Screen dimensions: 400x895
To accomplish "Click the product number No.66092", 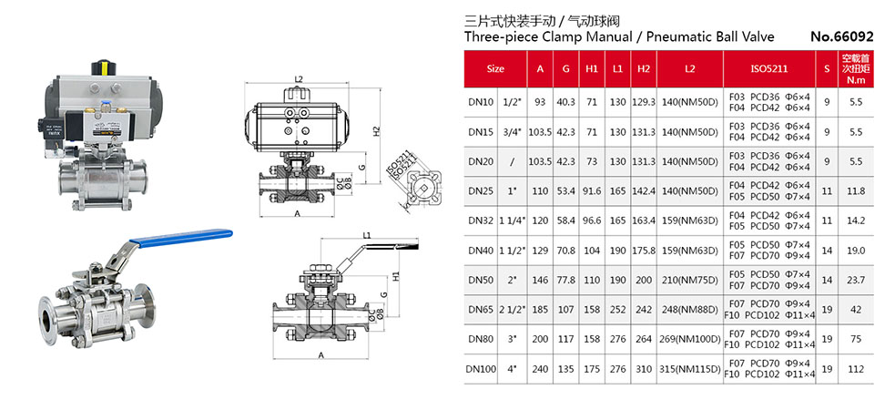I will pyautogui.click(x=842, y=37).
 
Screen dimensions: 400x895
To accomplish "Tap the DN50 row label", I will pyautogui.click(x=480, y=279).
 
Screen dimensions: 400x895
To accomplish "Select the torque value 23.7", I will pyautogui.click(x=855, y=279).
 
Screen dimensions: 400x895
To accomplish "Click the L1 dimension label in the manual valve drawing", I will pyautogui.click(x=365, y=236).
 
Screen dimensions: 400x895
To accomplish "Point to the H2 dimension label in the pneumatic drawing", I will pyautogui.click(x=376, y=130).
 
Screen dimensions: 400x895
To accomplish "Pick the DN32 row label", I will pyautogui.click(x=480, y=220).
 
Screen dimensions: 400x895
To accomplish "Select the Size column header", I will pyautogui.click(x=495, y=68).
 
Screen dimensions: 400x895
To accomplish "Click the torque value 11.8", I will pyautogui.click(x=855, y=190).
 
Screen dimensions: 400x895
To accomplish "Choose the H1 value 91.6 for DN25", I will pyautogui.click(x=592, y=190).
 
